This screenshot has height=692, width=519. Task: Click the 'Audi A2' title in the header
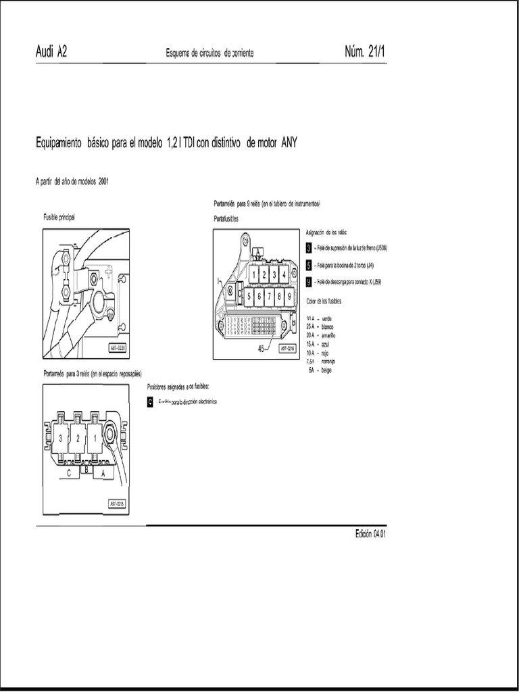(51, 53)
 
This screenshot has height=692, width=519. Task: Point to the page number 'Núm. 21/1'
(365, 53)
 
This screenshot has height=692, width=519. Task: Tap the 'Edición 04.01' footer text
(370, 533)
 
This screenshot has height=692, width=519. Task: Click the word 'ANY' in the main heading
(285, 143)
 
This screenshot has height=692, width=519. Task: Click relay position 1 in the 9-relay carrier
(253, 275)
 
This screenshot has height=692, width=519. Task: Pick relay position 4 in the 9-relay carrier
(284, 275)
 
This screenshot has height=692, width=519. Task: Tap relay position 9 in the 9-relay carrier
(289, 295)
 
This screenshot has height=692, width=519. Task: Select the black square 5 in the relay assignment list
(308, 265)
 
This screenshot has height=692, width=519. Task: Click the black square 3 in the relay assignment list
(308, 248)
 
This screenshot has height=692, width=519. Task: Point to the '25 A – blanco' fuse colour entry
(320, 326)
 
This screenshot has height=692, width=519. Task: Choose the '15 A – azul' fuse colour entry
(318, 344)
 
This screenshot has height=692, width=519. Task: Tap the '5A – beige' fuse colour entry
(320, 370)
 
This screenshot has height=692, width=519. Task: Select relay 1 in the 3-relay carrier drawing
(95, 438)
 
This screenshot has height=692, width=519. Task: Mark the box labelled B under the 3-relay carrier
(86, 467)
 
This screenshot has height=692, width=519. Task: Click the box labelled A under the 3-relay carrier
(103, 474)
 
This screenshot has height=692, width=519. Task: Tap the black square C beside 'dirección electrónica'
(150, 401)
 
